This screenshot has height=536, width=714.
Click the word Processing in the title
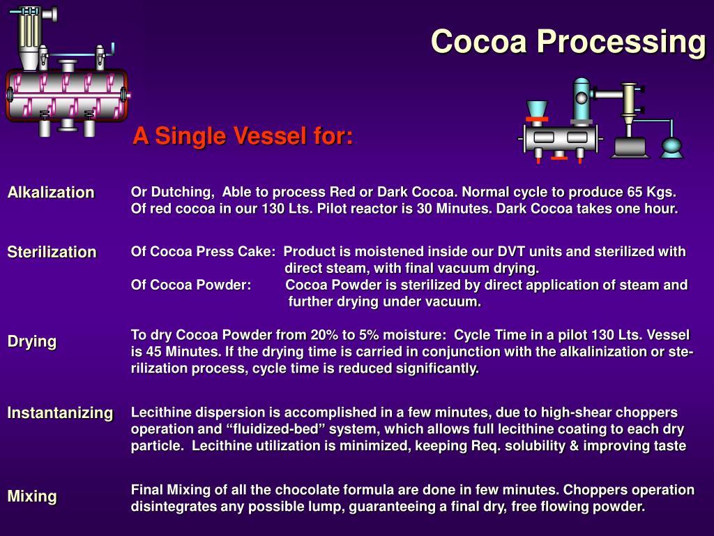pyautogui.click(x=621, y=42)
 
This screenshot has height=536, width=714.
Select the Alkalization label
pyautogui.click(x=51, y=193)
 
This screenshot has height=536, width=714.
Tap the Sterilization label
pyautogui.click(x=52, y=252)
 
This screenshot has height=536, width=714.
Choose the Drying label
pyautogui.click(x=32, y=341)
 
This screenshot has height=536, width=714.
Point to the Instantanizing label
pyautogui.click(x=60, y=412)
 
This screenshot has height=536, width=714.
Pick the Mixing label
pyautogui.click(x=32, y=496)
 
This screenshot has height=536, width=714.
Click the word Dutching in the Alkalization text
pyautogui.click(x=182, y=192)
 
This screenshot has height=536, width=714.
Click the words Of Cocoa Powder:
pyautogui.click(x=191, y=285)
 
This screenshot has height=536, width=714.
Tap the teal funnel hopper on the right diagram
pyautogui.click(x=536, y=110)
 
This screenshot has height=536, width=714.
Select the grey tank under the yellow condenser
pyautogui.click(x=630, y=147)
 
